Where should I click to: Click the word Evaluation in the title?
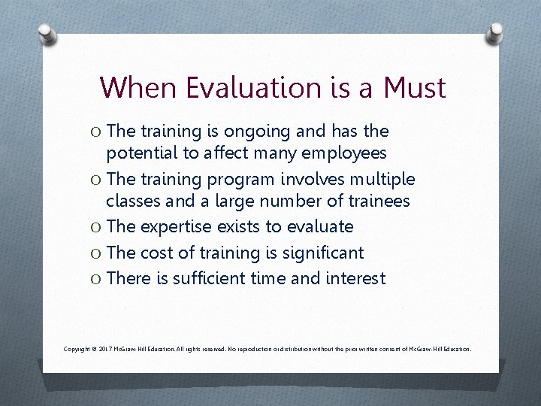(258, 87)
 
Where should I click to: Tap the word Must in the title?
(415, 87)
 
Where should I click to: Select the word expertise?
(174, 227)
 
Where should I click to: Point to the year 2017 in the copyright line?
(104, 349)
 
